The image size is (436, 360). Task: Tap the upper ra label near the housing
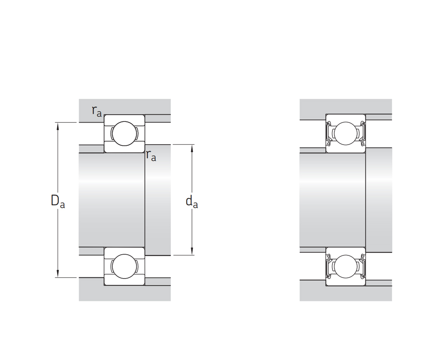point(97,111)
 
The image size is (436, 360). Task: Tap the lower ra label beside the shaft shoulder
point(151,156)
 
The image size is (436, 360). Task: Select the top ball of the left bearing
point(125,134)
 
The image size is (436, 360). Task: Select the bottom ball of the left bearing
point(125,266)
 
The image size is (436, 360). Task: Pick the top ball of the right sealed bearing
point(346,134)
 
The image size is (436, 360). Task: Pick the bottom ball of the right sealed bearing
point(346,266)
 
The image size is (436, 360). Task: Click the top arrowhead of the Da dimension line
point(58,126)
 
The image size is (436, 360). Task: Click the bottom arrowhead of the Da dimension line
point(58,274)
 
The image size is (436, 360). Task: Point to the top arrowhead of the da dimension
point(192,148)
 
